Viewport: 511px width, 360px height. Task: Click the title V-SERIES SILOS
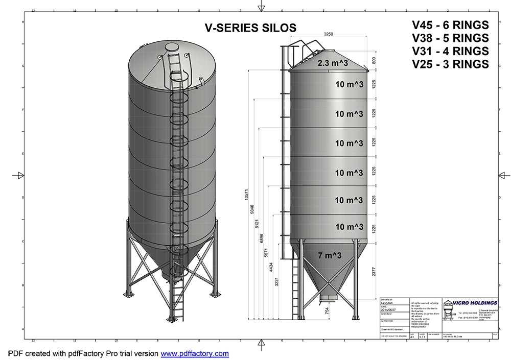[x=250, y=29]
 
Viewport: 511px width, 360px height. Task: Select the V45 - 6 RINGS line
[x=450, y=26]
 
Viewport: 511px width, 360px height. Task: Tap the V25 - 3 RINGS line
[x=450, y=64]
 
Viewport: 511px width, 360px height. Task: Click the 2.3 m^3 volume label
[x=333, y=64]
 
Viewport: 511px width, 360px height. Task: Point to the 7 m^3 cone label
[x=329, y=255]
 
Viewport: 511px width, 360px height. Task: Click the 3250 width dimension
[x=329, y=34]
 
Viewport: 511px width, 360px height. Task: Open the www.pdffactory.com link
[x=195, y=353]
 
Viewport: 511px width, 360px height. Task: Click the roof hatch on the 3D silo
[x=172, y=47]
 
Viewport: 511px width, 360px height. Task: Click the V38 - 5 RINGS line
[x=450, y=38]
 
